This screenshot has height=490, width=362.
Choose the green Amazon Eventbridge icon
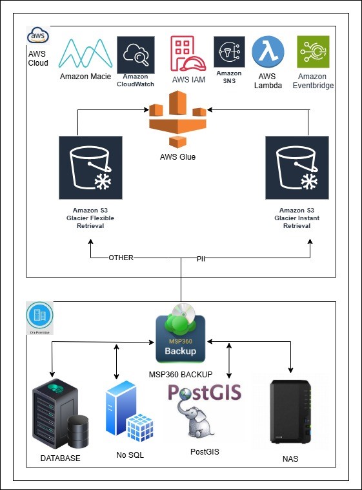click(313, 52)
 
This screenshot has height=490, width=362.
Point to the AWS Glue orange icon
click(177, 120)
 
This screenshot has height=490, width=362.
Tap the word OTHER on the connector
click(121, 258)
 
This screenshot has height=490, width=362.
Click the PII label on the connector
click(201, 258)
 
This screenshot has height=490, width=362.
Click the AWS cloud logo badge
click(38, 36)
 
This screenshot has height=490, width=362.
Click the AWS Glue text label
click(177, 157)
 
